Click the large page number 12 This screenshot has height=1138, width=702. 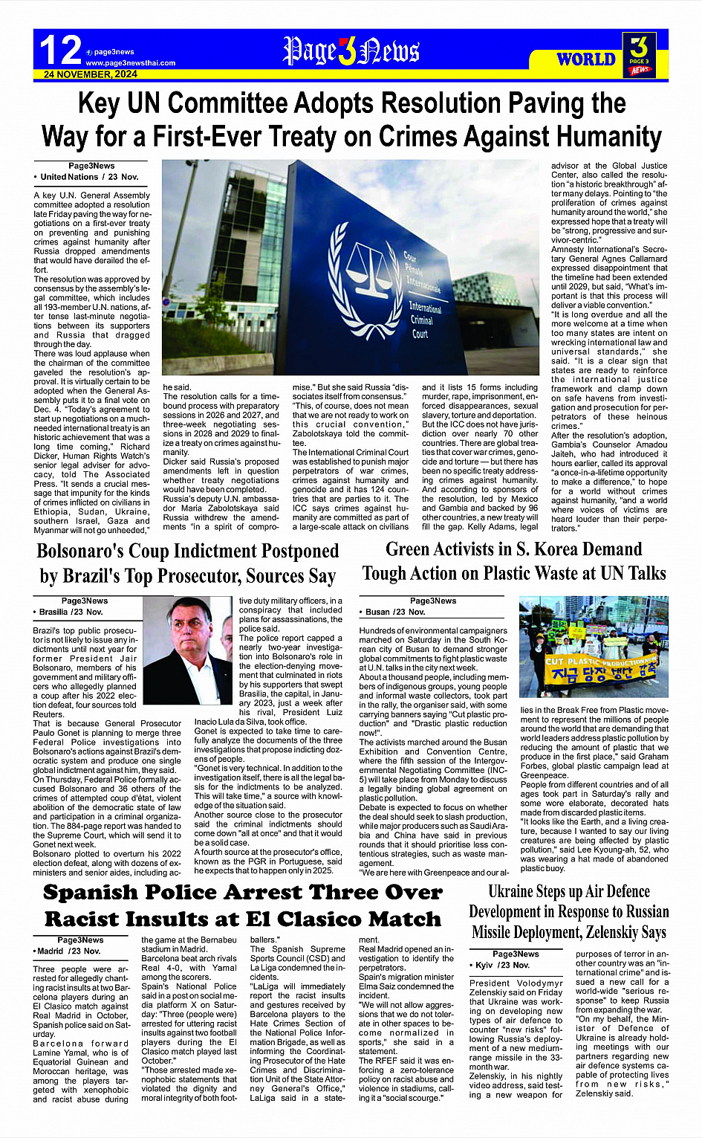(x=59, y=51)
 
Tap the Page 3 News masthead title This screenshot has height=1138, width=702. (x=351, y=51)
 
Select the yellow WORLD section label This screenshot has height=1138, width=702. (x=586, y=59)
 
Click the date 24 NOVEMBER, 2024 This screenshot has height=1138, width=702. (x=91, y=74)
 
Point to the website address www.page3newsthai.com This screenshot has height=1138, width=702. (x=131, y=63)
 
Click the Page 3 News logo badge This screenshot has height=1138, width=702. (x=639, y=55)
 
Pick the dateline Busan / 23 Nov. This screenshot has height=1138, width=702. (x=395, y=612)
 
